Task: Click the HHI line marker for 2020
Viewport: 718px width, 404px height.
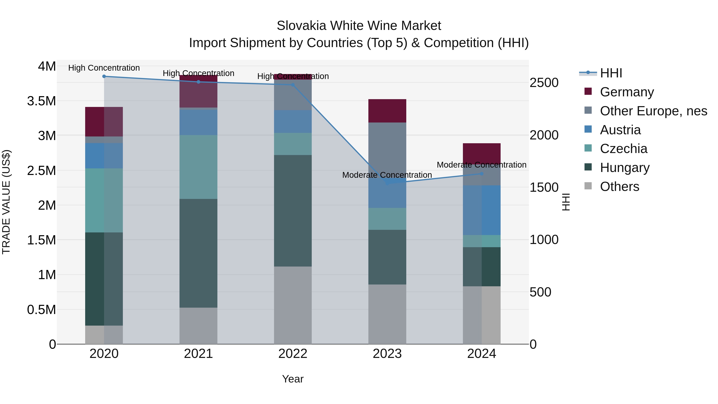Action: (x=104, y=76)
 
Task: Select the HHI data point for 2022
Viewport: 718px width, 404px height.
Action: (x=293, y=85)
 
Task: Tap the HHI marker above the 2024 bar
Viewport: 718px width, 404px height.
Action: (x=482, y=174)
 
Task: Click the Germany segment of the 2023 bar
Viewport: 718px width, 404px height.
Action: (x=387, y=111)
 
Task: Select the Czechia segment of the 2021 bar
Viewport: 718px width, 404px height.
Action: (x=198, y=167)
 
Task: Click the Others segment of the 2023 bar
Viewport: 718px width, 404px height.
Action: (x=387, y=314)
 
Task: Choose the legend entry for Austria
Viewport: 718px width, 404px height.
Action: (x=620, y=130)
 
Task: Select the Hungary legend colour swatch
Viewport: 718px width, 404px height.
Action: (x=588, y=167)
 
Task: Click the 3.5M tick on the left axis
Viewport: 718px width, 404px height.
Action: (x=41, y=101)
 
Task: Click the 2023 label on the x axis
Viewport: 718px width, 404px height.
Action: (x=387, y=354)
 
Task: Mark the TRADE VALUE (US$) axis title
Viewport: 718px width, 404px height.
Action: (x=6, y=202)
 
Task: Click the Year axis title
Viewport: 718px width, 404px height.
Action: (x=293, y=379)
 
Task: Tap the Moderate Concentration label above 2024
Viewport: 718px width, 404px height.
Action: (x=481, y=165)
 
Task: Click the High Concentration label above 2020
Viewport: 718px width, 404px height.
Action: (x=104, y=68)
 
